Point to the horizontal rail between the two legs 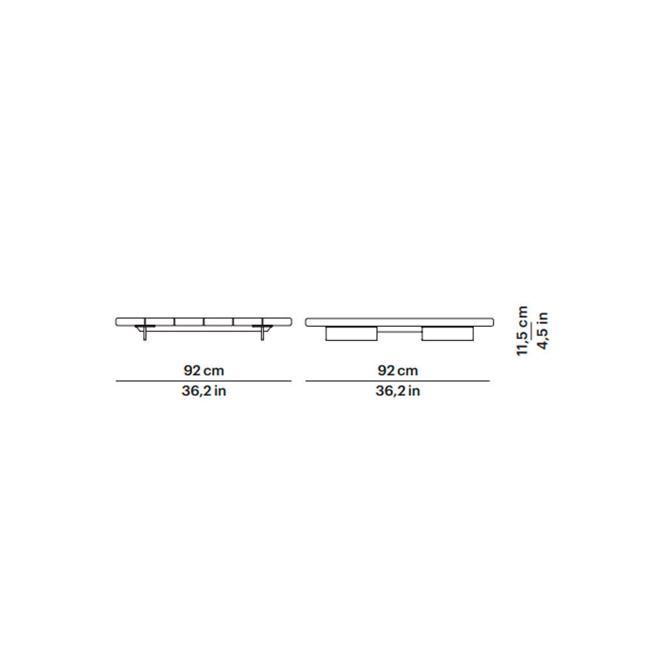[203, 331]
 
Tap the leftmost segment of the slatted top [130, 322]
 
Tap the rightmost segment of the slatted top [277, 322]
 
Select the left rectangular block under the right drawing [352, 334]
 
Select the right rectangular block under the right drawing [447, 334]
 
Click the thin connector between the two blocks [400, 332]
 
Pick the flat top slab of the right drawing [400, 322]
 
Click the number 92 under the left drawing [193, 370]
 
